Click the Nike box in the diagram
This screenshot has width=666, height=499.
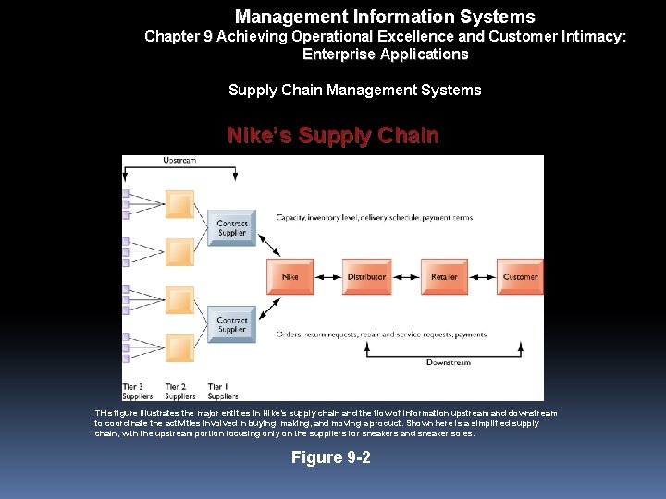(x=290, y=276)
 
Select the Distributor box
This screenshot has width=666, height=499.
(x=366, y=276)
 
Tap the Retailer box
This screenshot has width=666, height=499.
(x=443, y=276)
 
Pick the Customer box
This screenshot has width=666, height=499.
(x=520, y=276)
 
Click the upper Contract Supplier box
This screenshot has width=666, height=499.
(x=231, y=227)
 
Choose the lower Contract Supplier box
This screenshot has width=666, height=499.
(x=231, y=324)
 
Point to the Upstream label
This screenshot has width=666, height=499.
(x=179, y=161)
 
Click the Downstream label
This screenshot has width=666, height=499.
(x=448, y=362)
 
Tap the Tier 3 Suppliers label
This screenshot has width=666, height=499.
(x=132, y=390)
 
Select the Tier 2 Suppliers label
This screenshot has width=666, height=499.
(x=176, y=390)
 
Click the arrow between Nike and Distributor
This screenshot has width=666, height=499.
(x=328, y=276)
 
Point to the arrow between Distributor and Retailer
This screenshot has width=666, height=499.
(x=405, y=276)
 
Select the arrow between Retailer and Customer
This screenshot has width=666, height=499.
(x=481, y=276)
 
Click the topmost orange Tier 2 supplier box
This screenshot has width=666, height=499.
(x=179, y=204)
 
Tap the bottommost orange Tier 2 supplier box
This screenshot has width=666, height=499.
(x=179, y=348)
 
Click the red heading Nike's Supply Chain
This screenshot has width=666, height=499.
(x=333, y=136)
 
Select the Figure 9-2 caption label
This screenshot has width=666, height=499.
(x=331, y=457)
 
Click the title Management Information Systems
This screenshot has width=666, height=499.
(x=385, y=17)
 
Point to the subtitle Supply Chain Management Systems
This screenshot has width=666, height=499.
(x=354, y=90)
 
